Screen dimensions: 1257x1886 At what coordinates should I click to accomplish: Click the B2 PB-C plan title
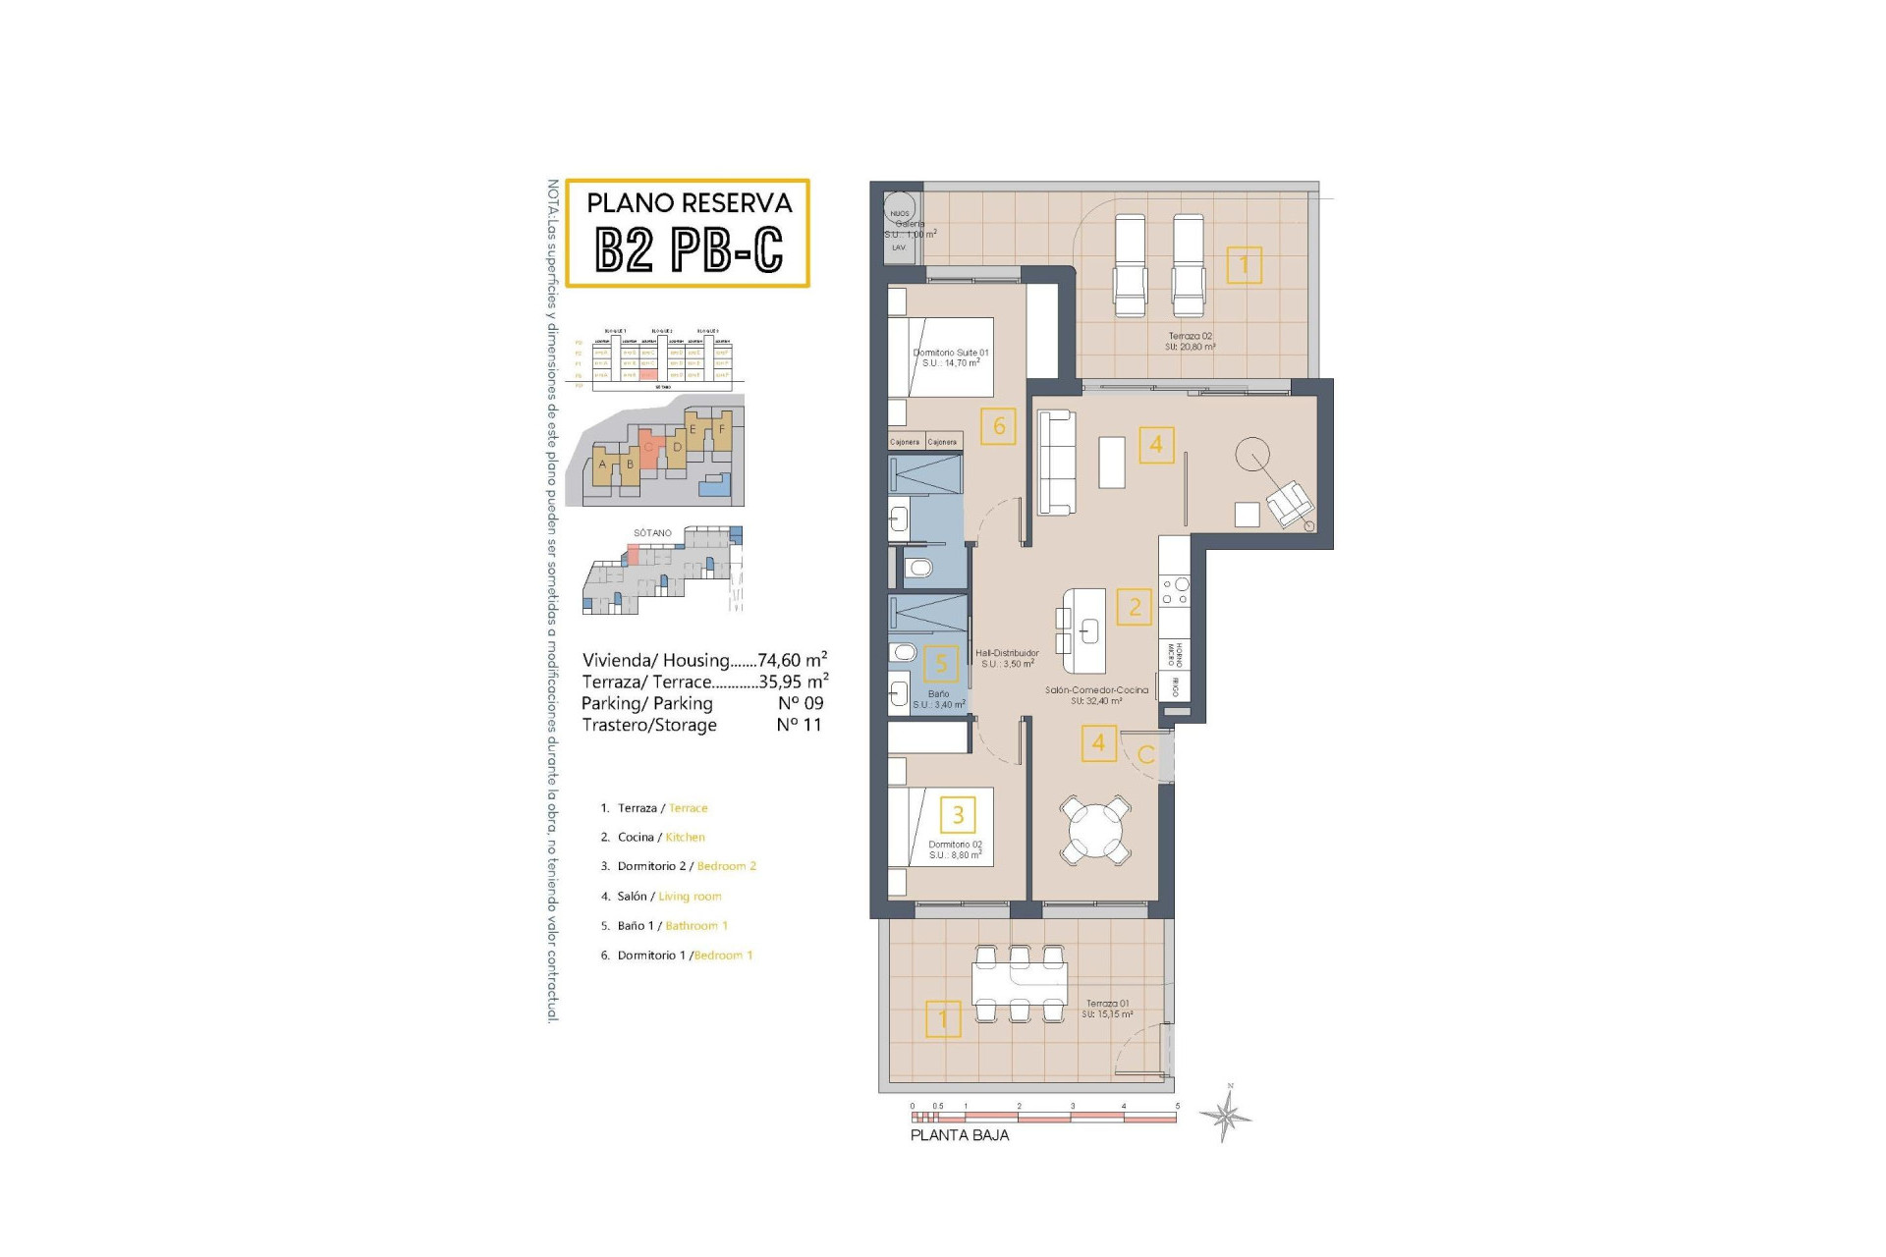point(689,249)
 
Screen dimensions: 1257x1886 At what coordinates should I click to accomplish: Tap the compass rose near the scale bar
point(1225,1114)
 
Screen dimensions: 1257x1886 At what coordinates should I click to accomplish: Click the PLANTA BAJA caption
point(959,1135)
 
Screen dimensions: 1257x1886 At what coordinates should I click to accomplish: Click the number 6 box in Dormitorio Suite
point(998,426)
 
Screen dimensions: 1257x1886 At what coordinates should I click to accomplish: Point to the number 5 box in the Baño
point(941,664)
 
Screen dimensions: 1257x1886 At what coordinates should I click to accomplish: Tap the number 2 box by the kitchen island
point(1135,607)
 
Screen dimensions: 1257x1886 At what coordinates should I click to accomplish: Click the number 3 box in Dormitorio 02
point(958,814)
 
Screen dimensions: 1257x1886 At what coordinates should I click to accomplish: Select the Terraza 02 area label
point(1190,341)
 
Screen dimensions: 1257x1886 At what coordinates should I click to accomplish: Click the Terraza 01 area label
point(1107,1009)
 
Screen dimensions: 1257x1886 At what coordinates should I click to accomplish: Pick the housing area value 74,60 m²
point(792,660)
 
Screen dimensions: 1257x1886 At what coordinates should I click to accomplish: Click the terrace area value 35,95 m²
point(793,682)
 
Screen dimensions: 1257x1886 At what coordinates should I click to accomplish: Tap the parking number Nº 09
point(800,703)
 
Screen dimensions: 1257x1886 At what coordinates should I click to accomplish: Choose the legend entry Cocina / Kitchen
point(659,838)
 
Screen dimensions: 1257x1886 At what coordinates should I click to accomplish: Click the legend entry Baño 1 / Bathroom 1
point(671,926)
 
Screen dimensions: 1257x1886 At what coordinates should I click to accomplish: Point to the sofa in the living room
point(1057,462)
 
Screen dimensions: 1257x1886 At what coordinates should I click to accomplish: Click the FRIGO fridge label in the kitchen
point(1174,685)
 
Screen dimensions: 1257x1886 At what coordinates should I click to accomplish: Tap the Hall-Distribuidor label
point(1007,658)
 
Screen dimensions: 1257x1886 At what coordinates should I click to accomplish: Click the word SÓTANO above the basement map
point(652,533)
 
